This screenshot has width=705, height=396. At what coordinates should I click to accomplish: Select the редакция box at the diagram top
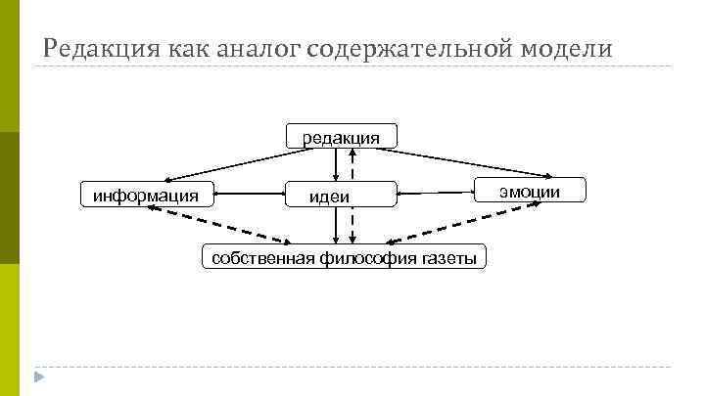[x=341, y=137]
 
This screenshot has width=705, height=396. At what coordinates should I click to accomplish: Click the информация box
[x=146, y=195]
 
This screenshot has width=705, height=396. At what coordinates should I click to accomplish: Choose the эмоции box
[x=530, y=191]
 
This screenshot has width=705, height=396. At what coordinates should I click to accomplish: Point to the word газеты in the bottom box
[x=453, y=258]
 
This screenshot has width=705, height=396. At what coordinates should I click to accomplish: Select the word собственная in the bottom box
[x=258, y=258]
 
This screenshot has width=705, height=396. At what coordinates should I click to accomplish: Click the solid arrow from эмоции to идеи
[x=437, y=191]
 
